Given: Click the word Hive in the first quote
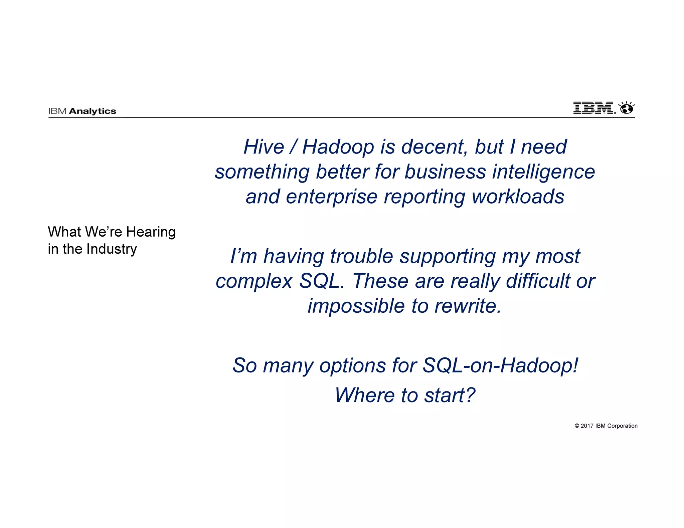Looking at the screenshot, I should (264, 147).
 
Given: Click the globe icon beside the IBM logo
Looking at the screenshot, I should (627, 108).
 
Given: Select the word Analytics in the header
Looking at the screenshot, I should (93, 111).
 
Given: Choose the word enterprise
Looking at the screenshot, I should (331, 197).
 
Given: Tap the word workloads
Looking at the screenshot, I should (518, 197).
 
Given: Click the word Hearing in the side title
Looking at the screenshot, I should (151, 232).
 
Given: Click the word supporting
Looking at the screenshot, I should (448, 256).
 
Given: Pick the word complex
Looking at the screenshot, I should (254, 281).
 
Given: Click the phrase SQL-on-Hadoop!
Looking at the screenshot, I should (500, 365).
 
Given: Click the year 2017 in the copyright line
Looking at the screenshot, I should (587, 426).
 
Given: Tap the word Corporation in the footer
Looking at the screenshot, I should (622, 426).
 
